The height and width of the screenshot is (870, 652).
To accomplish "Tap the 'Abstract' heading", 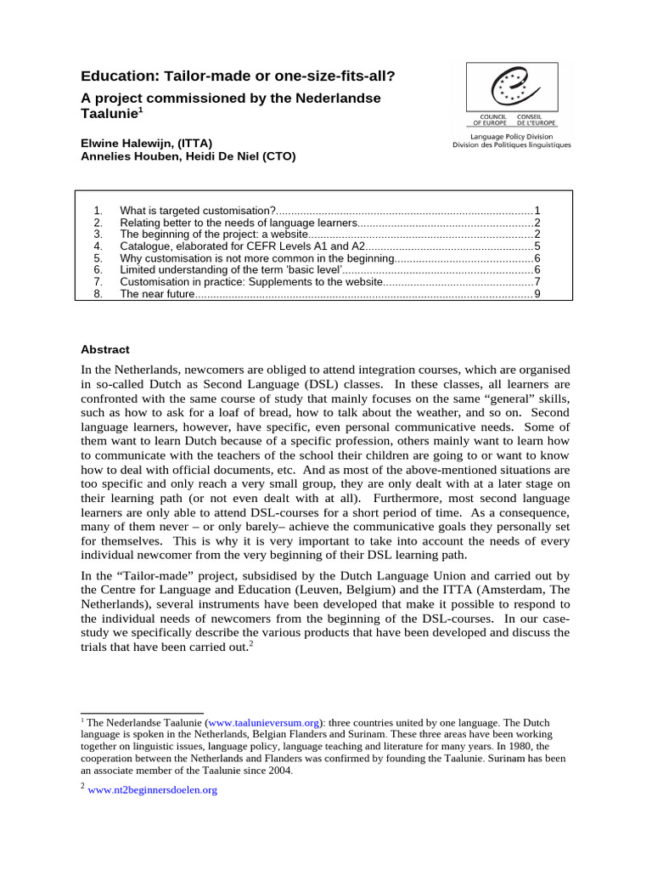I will [x=104, y=348].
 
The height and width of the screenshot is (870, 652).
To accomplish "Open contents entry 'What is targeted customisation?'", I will [x=198, y=210].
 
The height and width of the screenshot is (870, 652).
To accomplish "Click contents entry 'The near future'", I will [x=157, y=294].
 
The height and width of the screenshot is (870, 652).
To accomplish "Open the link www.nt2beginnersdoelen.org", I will [x=154, y=790].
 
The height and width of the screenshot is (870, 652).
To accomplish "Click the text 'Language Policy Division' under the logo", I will [x=512, y=136].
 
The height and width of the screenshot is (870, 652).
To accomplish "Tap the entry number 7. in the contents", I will [x=98, y=281].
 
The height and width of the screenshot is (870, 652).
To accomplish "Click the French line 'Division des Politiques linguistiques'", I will [x=512, y=145].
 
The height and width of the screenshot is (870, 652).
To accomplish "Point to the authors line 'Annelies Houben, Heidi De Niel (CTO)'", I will [x=188, y=156].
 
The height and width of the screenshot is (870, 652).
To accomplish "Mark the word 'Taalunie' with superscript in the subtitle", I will [x=108, y=113].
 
